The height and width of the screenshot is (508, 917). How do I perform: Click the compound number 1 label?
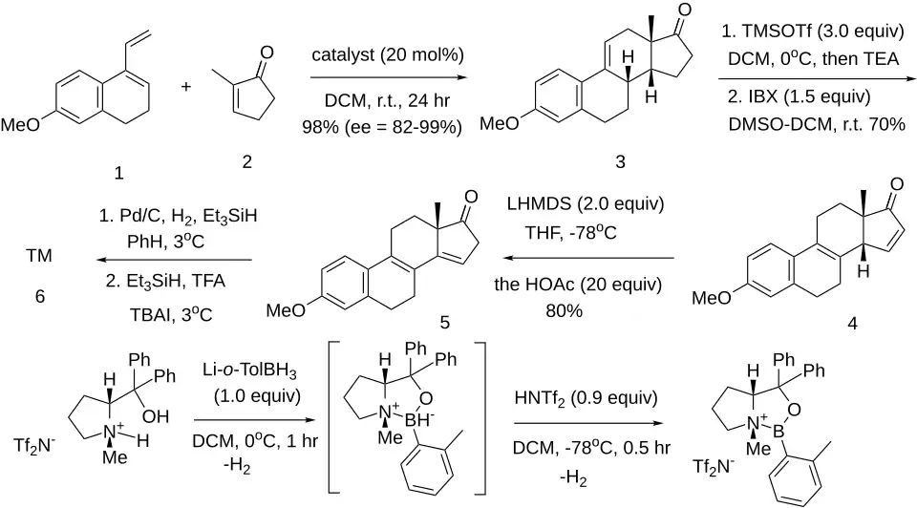point(118,173)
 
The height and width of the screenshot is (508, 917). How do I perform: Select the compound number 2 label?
point(247,161)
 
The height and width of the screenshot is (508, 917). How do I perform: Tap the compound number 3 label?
point(621,161)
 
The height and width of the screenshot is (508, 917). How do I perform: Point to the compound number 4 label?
point(852,324)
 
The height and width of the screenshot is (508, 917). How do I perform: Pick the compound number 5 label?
point(444,322)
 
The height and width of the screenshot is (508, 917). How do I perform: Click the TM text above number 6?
point(39,256)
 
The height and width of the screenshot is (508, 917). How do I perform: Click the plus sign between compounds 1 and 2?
point(186,87)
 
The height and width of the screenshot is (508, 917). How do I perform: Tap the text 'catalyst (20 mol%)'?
point(388,55)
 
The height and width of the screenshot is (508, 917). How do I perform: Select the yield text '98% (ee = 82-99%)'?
point(382,127)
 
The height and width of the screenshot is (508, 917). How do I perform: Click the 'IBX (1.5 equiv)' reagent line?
point(799,96)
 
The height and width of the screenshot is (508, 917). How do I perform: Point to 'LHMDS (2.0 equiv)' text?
point(586,204)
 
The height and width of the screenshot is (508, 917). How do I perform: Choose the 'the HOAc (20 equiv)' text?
point(578,285)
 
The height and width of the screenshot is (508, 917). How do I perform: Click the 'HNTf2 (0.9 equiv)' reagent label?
point(586,399)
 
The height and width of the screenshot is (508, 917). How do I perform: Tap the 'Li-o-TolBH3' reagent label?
point(249,370)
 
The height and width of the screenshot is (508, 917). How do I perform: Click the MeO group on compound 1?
point(20,124)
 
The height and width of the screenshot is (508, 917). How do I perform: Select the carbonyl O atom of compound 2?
point(267,53)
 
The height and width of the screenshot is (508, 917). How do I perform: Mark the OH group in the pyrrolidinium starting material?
point(156,416)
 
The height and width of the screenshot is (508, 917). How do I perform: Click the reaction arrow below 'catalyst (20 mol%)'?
point(389,77)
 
